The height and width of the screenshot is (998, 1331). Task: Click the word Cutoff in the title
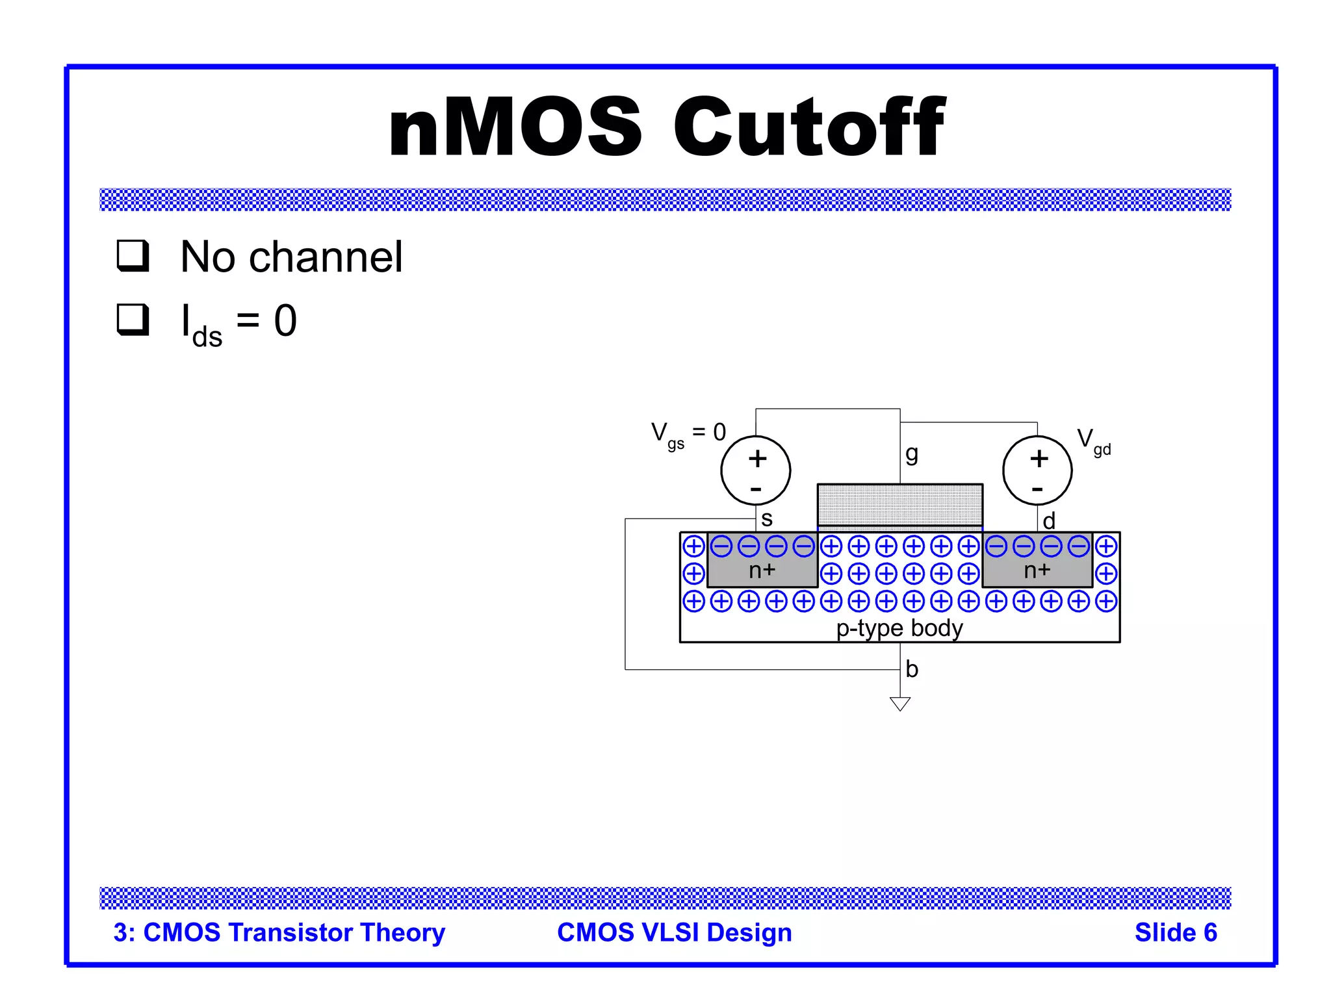coord(808,127)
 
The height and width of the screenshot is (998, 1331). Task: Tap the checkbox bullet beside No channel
coord(133,255)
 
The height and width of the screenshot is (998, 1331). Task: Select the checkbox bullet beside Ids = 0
coord(133,320)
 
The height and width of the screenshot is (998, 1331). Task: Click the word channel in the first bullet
coord(326,257)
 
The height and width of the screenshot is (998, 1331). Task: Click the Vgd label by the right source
coord(1094,441)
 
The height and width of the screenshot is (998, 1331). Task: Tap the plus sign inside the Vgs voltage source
coord(757,459)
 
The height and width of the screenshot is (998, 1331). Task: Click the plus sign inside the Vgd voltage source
coord(1039,459)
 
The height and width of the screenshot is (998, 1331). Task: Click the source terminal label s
coord(767,518)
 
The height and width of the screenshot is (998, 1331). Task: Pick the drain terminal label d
coord(1048,520)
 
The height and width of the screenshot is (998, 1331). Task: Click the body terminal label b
coord(912,669)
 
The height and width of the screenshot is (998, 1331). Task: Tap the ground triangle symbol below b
coord(899,703)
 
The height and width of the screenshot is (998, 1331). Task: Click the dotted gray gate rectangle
coord(899,504)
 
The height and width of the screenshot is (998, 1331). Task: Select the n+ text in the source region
coord(762,570)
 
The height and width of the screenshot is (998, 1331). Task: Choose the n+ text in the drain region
coord(1037,570)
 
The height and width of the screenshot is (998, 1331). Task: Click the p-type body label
coord(899,628)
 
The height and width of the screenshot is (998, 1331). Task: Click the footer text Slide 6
coord(1175,932)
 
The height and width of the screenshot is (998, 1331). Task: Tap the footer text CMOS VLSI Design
coord(674,932)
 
